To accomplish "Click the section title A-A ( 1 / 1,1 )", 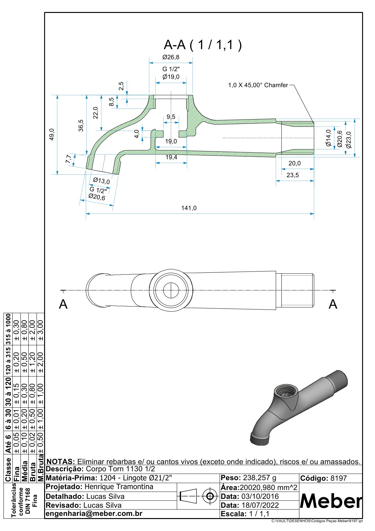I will [203, 45].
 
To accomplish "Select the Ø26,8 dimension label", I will [171, 57].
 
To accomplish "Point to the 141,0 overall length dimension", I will [189, 208].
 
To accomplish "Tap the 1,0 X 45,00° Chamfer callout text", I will [258, 85].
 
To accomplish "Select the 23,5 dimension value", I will [293, 175].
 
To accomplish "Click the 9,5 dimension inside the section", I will [171, 117].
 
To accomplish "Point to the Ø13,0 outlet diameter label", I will [101, 181].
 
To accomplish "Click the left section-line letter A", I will [63, 304].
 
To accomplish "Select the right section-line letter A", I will [333, 304].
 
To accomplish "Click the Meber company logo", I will [331, 501].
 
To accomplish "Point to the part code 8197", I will [338, 478].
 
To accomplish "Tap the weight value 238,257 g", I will [260, 478].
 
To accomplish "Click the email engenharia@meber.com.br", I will [94, 514].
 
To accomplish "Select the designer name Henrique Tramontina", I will [119, 487].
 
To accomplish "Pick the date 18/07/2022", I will [260, 505].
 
